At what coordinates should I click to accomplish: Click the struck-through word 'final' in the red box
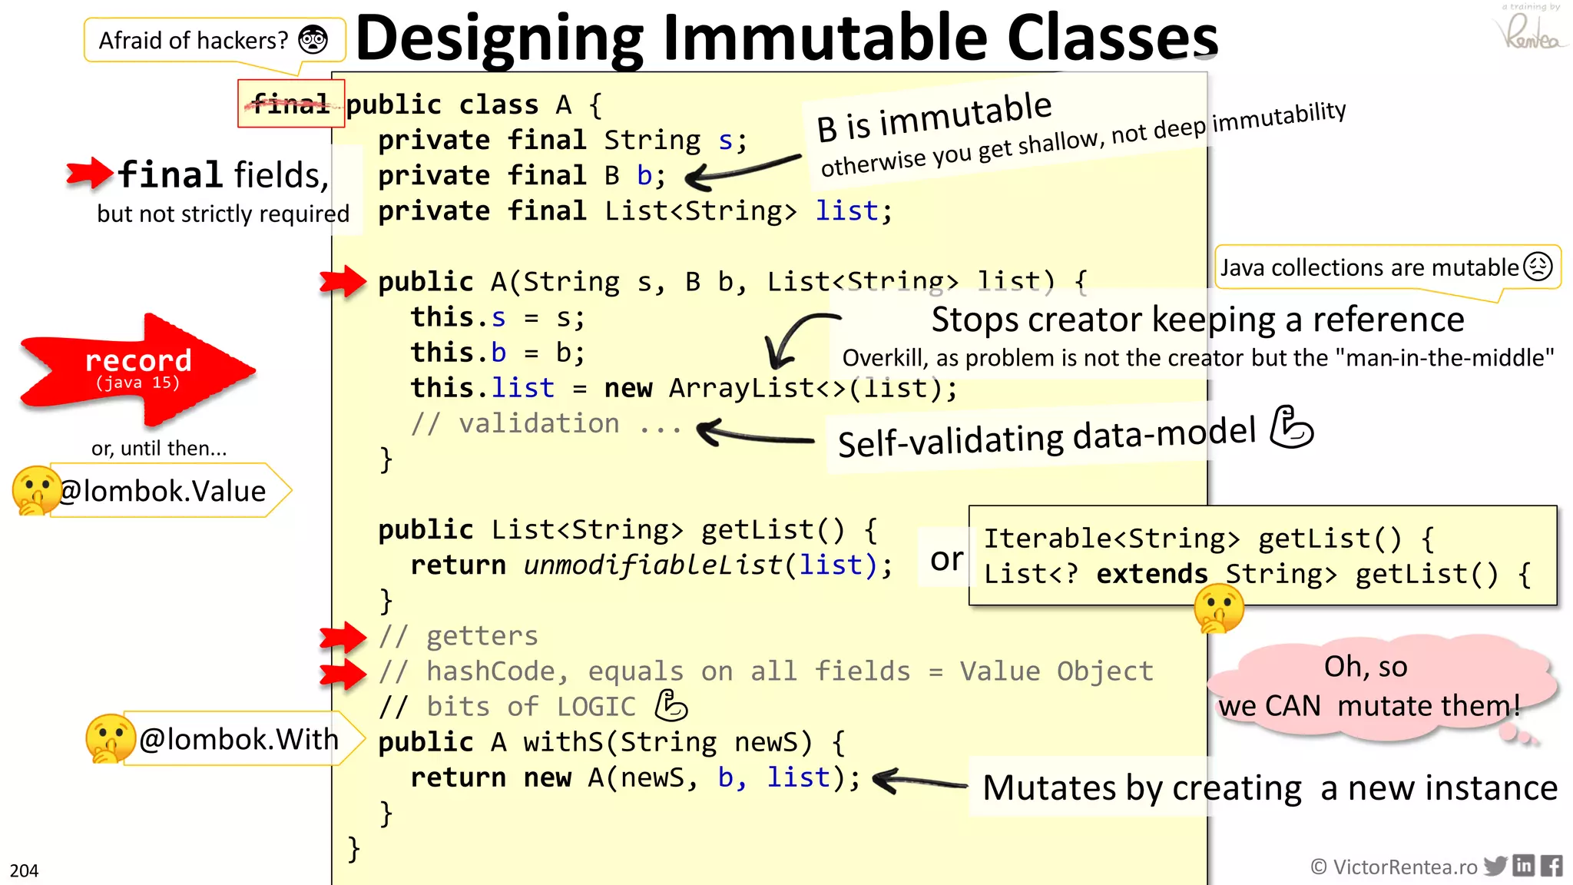[291, 103]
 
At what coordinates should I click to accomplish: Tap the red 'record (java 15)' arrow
[138, 370]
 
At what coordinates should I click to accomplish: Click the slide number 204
[24, 870]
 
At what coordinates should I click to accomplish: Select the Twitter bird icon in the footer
[1495, 866]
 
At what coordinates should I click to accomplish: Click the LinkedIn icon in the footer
[1524, 866]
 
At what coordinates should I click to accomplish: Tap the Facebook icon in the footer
[1551, 866]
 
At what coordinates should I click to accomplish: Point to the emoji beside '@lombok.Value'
[35, 490]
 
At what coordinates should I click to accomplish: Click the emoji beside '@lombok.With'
[110, 738]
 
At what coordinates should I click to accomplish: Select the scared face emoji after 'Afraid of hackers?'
[313, 39]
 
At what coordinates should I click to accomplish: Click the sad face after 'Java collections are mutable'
[1538, 267]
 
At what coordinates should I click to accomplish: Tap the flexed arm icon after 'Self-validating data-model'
[1291, 427]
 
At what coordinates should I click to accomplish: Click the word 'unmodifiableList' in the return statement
[653, 565]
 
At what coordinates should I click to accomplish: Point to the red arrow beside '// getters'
[343, 636]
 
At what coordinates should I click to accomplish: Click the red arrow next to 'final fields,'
[89, 173]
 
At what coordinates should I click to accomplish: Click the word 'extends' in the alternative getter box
[1152, 574]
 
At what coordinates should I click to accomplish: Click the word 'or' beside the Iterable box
[946, 559]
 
